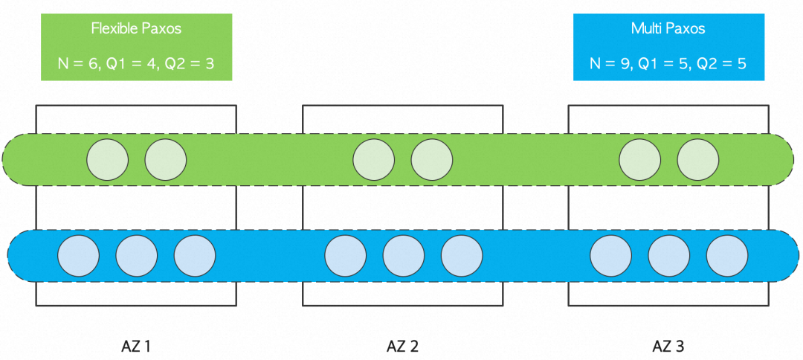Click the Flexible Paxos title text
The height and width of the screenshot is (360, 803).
pyautogui.click(x=136, y=29)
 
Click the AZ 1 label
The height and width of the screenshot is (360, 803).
pyautogui.click(x=136, y=346)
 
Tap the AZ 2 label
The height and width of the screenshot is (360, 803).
pyautogui.click(x=401, y=346)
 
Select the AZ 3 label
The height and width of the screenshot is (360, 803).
pyautogui.click(x=668, y=346)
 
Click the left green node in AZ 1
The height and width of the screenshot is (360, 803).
pyautogui.click(x=108, y=159)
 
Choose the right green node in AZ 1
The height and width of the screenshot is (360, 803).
pyautogui.click(x=165, y=159)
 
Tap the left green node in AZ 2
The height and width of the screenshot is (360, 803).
pyautogui.click(x=374, y=159)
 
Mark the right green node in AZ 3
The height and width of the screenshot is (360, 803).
pyautogui.click(x=697, y=159)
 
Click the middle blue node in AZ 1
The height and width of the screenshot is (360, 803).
pyautogui.click(x=137, y=255)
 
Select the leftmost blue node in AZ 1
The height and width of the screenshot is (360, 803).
pyautogui.click(x=79, y=255)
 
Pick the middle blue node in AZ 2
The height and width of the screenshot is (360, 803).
pyautogui.click(x=404, y=255)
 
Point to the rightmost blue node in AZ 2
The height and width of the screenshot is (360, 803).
pyautogui.click(x=462, y=255)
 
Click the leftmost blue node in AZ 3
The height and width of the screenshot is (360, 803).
pyautogui.click(x=611, y=255)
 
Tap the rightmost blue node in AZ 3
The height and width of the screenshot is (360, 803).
pyautogui.click(x=726, y=255)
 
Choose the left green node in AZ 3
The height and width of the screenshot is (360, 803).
pyautogui.click(x=640, y=159)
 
